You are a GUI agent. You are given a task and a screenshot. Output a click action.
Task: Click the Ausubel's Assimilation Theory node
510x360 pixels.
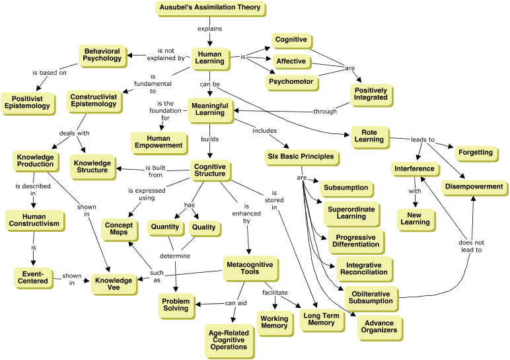[210, 8]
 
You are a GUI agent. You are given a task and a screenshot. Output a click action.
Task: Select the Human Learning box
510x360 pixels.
[210, 57]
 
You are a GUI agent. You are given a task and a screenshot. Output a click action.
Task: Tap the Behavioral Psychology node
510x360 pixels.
[102, 54]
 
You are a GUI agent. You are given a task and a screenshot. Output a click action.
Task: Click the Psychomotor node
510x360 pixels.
[290, 82]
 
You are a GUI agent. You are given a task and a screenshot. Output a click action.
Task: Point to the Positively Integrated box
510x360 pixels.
[371, 94]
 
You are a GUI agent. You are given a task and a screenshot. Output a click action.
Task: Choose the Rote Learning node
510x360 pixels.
[368, 135]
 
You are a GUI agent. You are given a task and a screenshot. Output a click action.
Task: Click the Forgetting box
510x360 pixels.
[475, 153]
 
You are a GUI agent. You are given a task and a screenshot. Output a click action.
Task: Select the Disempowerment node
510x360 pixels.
[474, 186]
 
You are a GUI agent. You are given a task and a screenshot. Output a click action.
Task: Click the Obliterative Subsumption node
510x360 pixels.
[370, 297]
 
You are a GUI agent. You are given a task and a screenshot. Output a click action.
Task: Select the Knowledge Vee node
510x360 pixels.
[112, 283]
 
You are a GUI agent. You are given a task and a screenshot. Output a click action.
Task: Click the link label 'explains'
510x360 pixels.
[210, 28]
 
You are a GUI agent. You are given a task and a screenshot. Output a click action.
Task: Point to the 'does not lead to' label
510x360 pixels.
[470, 246]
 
